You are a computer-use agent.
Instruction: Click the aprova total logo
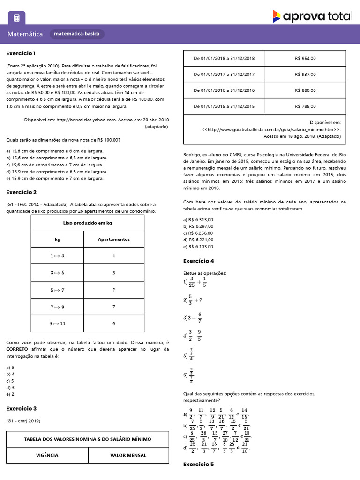tap(312, 16)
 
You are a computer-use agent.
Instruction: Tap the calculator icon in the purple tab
tap(17, 18)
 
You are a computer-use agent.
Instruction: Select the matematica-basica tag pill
tap(77, 34)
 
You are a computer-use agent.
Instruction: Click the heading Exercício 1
tap(21, 53)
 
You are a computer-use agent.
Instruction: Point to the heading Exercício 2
tap(22, 192)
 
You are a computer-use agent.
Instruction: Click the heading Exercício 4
tap(198, 261)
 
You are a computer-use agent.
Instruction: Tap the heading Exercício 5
tap(198, 465)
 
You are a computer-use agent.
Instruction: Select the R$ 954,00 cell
tap(305, 58)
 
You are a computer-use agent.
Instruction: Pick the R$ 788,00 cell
tap(305, 106)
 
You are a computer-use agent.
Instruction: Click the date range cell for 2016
tap(224, 90)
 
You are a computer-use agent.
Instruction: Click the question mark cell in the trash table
tap(113, 290)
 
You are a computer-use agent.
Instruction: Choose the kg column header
tap(57, 240)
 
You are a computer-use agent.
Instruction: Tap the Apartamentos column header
tap(113, 240)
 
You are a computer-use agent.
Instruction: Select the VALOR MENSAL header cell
tap(128, 455)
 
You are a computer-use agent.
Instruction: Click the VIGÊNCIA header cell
tap(47, 455)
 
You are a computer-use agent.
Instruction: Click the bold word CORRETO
tap(17, 349)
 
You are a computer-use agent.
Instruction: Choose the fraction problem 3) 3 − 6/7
tap(193, 317)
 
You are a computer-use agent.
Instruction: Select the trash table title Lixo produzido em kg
tap(88, 223)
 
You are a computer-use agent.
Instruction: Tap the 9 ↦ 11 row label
tap(57, 323)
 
